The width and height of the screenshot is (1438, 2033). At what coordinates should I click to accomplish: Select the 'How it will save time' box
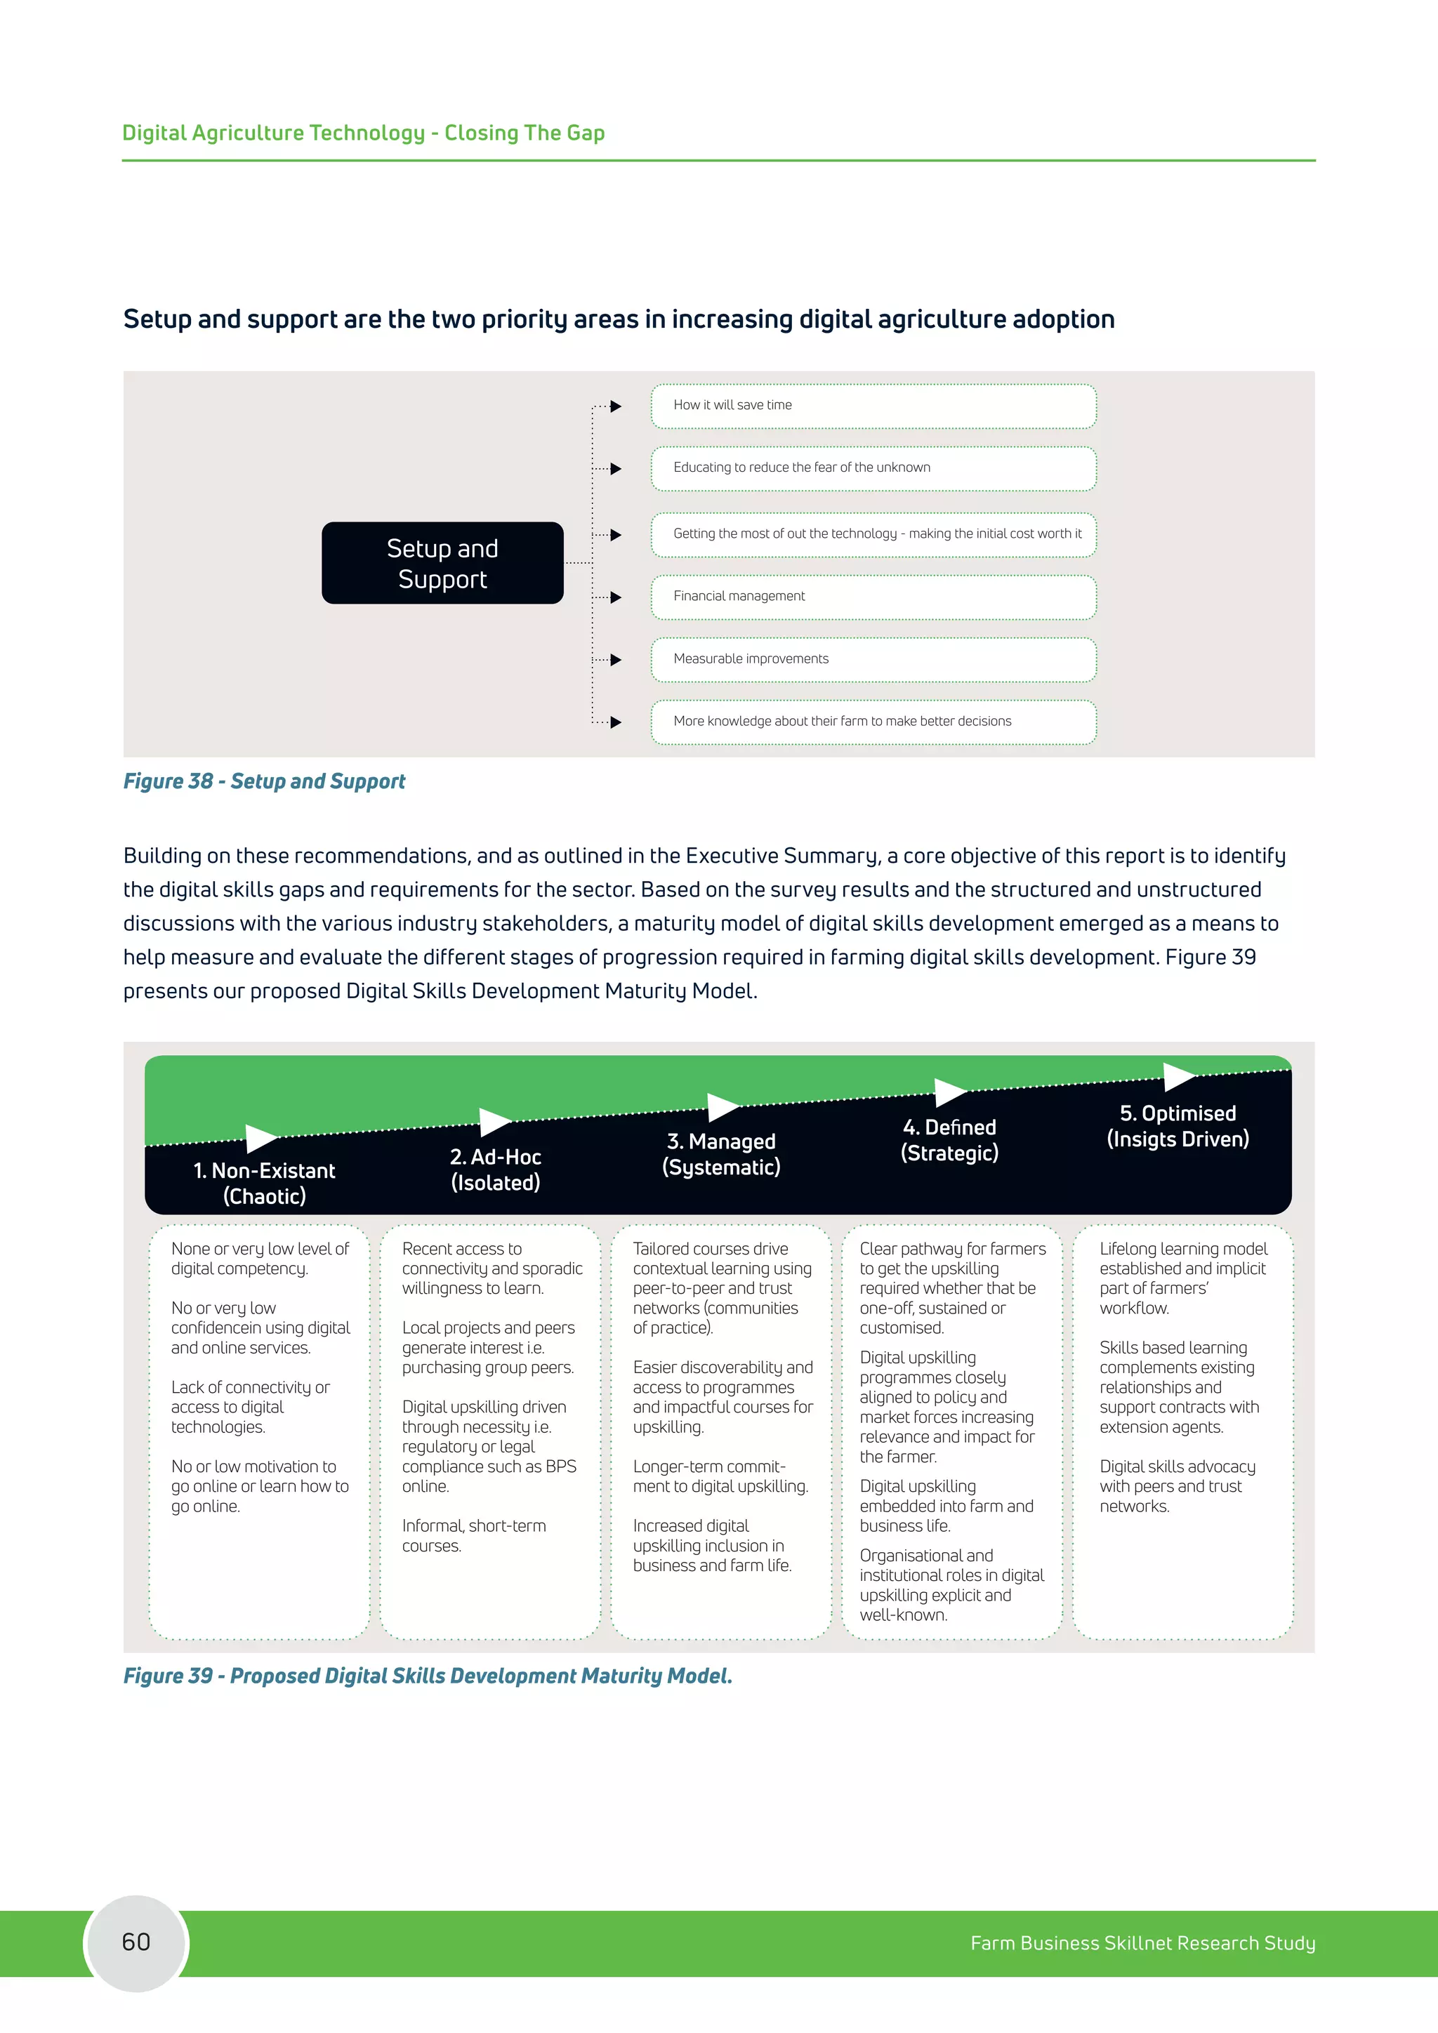873,406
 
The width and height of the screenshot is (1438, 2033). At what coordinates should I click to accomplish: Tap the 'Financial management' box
873,597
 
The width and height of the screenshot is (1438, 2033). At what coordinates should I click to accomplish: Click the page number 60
136,1942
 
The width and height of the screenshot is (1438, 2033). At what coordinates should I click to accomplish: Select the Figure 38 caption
264,781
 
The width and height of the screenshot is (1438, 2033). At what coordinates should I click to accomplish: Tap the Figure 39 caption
428,1676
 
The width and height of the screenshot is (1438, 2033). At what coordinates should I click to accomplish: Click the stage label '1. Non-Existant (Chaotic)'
264,1183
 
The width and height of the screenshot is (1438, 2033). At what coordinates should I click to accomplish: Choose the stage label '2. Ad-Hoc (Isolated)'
495,1169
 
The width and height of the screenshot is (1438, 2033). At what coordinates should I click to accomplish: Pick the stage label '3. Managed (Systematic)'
721,1154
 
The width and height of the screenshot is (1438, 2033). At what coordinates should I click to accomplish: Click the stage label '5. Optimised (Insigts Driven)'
1178,1125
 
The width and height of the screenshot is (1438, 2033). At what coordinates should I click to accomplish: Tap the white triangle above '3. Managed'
722,1107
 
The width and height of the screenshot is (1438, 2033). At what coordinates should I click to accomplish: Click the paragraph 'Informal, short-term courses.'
474,1535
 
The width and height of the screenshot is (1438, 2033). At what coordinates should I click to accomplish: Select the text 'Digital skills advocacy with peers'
1177,1486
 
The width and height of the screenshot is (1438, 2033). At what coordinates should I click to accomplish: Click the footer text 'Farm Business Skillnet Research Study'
1142,1942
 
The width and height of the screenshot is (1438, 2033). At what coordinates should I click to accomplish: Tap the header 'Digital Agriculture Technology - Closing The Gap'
363,133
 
